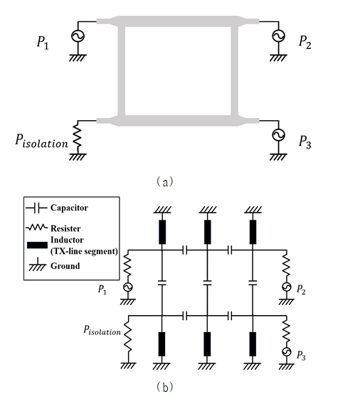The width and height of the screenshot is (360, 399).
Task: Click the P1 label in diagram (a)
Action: coord(43,42)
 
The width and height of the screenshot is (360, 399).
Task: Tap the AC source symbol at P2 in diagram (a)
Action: coord(278,36)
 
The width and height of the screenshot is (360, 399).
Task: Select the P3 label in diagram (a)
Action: coord(305,142)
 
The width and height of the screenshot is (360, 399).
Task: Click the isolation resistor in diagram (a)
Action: coord(78,135)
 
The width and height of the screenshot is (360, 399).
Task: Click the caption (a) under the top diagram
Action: coord(165,182)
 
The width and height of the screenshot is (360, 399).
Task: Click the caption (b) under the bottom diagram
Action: coord(165,387)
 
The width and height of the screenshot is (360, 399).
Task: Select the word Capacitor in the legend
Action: coord(69,208)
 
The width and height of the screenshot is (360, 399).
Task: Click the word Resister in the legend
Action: coord(65,228)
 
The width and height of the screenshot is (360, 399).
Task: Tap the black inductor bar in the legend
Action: coord(37,245)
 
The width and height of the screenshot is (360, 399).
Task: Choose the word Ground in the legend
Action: coord(65,266)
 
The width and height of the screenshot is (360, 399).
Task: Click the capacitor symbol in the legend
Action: coord(36,208)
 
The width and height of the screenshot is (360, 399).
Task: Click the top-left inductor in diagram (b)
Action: coord(162,232)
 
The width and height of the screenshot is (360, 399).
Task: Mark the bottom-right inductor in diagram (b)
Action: coord(253,344)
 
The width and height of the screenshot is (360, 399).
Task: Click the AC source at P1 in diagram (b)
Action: coord(128,287)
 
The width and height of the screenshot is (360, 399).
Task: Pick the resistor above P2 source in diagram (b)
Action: coord(287,265)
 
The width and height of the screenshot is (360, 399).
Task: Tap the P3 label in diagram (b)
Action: coord(301,356)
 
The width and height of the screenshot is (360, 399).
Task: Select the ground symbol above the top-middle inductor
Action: coord(208,210)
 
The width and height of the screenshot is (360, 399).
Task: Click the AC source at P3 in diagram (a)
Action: coord(278,135)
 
